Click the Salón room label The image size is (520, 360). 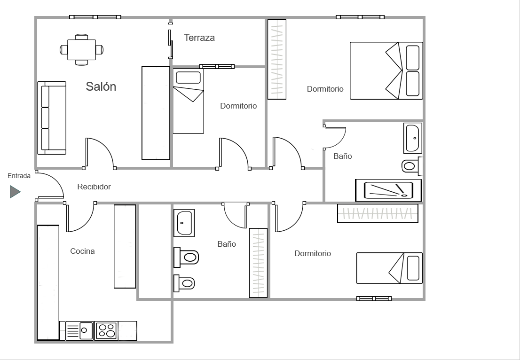[x=101, y=86]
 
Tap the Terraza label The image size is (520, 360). [x=199, y=38]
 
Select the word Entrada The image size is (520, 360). [x=19, y=176]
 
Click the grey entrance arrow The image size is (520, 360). [x=15, y=192]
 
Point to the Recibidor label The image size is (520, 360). [x=94, y=187]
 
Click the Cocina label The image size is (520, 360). [x=82, y=251]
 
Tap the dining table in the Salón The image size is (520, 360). [x=82, y=49]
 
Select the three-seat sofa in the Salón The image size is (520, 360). [x=52, y=118]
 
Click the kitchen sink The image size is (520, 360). [x=80, y=330]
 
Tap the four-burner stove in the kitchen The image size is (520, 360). [x=106, y=330]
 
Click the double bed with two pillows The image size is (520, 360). [x=386, y=71]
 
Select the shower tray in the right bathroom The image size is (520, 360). [x=388, y=190]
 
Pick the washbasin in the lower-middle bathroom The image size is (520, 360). [x=184, y=223]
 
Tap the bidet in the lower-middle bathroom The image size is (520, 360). [x=184, y=283]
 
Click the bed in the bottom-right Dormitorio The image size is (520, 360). [x=389, y=268]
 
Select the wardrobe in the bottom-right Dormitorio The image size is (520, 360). [x=378, y=213]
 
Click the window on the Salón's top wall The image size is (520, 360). [x=95, y=17]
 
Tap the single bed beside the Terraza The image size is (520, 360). [x=188, y=101]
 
